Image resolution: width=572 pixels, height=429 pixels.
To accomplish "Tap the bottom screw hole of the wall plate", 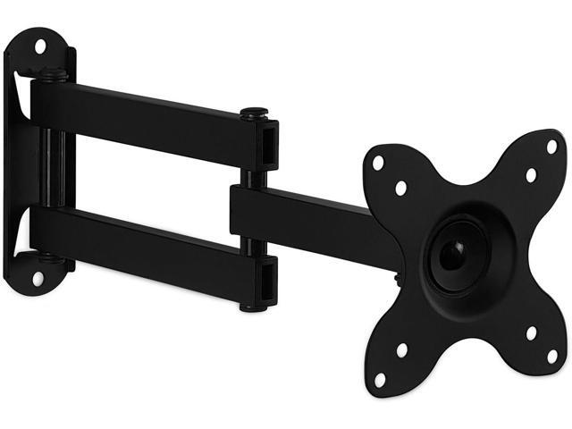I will click(x=38, y=278).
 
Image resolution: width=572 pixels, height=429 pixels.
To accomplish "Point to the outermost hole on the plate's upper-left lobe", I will click(x=378, y=164).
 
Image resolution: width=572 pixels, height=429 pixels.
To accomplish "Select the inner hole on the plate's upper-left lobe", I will click(x=400, y=188).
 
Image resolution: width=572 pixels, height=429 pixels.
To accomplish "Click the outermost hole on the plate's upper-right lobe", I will click(x=551, y=147).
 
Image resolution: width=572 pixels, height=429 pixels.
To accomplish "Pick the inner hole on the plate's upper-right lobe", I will click(x=531, y=175).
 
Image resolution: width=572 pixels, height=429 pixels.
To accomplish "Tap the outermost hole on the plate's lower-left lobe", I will click(x=379, y=379).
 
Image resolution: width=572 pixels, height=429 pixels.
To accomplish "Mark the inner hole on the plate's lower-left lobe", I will click(x=402, y=350).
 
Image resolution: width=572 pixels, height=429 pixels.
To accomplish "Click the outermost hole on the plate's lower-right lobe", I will click(x=551, y=356).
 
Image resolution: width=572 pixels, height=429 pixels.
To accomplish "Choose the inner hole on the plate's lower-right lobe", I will click(x=531, y=332).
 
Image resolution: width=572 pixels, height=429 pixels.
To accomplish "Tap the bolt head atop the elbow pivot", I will click(x=255, y=114).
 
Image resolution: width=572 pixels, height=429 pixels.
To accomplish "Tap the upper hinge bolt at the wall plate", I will click(x=53, y=76).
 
